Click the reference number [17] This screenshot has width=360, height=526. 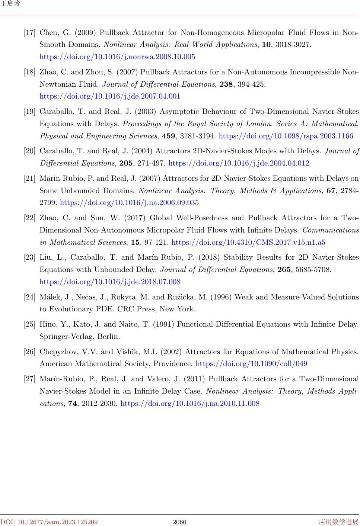[x=30, y=33]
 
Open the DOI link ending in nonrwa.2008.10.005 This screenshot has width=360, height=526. [x=117, y=57]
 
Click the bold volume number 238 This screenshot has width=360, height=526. [x=226, y=84]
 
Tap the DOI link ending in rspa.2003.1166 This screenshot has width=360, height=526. [x=286, y=136]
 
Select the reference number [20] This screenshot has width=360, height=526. [x=30, y=151]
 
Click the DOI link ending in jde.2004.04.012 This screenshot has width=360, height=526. [x=239, y=163]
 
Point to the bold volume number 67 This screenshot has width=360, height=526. [x=331, y=191]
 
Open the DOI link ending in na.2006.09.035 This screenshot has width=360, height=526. [x=129, y=203]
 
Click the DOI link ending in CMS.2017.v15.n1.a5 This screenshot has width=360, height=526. [x=248, y=243]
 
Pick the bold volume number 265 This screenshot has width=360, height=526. [x=284, y=270]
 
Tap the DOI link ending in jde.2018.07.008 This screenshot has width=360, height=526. [x=110, y=282]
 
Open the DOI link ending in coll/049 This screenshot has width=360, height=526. [x=251, y=364]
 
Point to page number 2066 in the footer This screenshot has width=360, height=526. [x=179, y=522]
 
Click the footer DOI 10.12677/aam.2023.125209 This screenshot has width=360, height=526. [x=49, y=522]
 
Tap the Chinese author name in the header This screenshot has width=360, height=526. [x=10, y=4]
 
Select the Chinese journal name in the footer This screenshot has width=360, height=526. [x=338, y=522]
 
